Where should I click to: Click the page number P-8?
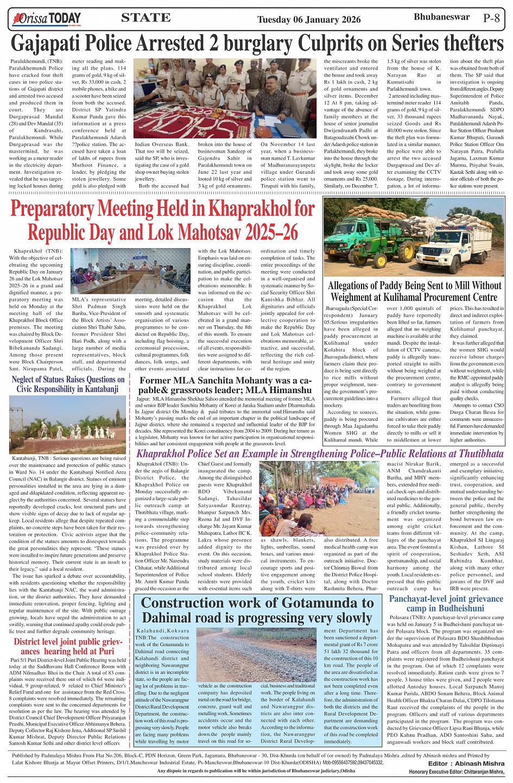(x=491, y=18)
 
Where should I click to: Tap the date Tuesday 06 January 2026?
(x=308, y=20)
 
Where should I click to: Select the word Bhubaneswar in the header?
(x=434, y=17)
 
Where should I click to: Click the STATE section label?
(x=145, y=18)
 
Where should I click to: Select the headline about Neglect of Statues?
(x=68, y=384)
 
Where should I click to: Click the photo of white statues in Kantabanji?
(x=67, y=425)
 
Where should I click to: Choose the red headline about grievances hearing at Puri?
(x=64, y=646)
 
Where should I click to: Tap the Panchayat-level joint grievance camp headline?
(x=446, y=603)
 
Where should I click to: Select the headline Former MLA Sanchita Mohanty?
(x=225, y=384)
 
